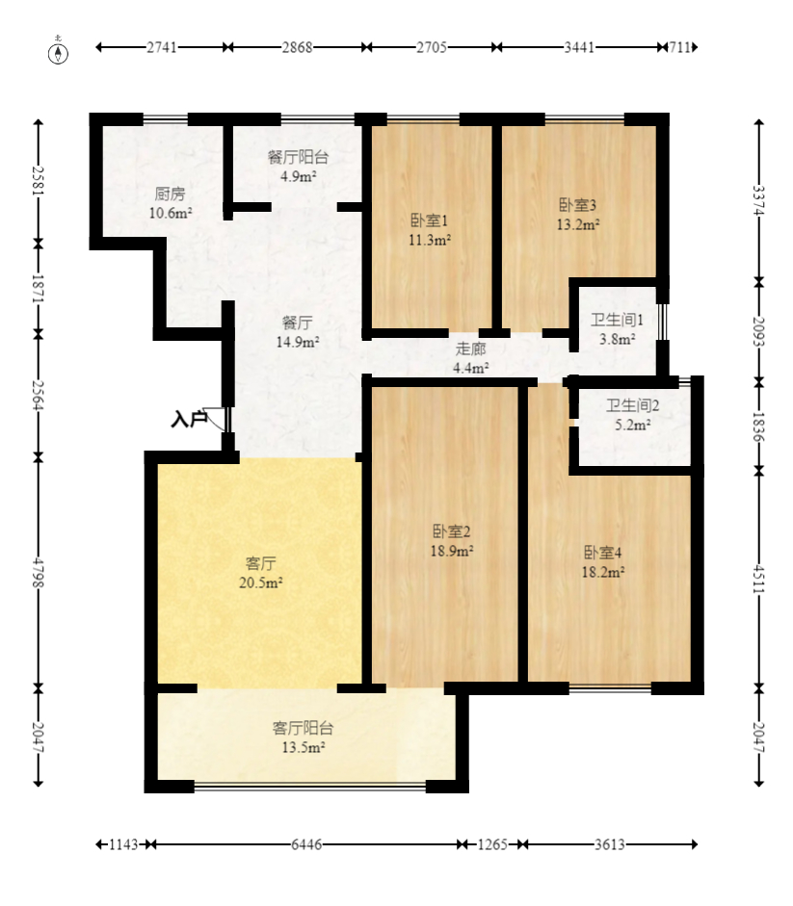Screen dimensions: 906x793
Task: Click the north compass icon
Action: (59, 50)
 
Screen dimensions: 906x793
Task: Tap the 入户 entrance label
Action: (189, 419)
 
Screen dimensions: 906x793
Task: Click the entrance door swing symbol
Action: (220, 419)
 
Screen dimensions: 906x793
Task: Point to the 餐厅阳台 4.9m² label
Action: (298, 167)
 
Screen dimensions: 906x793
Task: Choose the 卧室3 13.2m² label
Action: (578, 215)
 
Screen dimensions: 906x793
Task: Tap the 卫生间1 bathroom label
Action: (617, 328)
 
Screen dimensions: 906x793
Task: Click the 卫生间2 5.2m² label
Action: (632, 414)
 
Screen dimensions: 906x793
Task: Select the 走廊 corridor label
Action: (471, 357)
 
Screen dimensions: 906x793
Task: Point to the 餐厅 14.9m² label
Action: (298, 331)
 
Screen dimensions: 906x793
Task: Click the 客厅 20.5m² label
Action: (260, 572)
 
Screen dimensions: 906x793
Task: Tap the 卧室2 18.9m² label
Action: (451, 541)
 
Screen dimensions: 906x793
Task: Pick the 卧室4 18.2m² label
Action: (602, 561)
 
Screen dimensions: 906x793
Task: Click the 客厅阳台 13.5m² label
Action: (303, 738)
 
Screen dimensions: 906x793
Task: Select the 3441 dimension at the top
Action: (578, 47)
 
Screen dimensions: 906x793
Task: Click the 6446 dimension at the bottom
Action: (306, 844)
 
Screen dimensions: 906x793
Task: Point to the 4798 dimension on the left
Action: (39, 571)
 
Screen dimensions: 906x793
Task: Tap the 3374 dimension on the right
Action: (758, 200)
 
